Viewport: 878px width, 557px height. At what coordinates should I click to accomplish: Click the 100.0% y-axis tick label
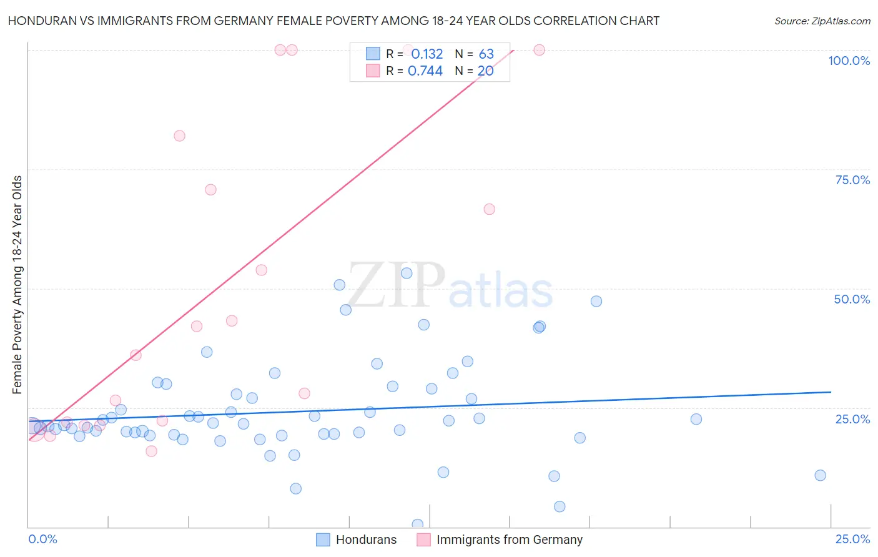coord(849,61)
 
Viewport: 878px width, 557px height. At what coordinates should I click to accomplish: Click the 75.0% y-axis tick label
coord(852,180)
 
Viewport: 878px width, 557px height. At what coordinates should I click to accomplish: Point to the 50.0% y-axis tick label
coord(852,299)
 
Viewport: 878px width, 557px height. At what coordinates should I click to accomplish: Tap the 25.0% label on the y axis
coord(852,419)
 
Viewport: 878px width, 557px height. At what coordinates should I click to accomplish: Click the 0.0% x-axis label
coord(42,539)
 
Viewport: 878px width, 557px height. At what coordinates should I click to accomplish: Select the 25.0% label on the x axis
coord(852,539)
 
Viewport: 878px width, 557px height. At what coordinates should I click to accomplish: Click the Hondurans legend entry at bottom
coord(366,540)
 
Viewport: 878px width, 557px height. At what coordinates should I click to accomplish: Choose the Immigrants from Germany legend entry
coord(509,540)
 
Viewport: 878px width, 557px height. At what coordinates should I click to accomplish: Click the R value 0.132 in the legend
coord(427,54)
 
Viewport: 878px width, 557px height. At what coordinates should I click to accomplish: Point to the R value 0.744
coord(425,71)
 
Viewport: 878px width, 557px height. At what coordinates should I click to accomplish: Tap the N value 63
coord(486,54)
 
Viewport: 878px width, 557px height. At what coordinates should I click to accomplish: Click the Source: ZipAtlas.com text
coord(822,21)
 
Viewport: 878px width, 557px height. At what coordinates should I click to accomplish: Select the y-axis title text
coord(17,285)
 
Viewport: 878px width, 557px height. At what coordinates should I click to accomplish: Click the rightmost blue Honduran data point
coord(820,475)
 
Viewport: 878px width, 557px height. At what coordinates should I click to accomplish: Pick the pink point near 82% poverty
coord(179,136)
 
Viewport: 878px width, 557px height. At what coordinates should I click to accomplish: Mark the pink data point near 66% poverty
coord(489,209)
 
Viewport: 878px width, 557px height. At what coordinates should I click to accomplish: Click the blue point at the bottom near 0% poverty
coord(418,525)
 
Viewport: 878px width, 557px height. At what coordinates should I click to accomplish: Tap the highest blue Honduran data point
coord(407,273)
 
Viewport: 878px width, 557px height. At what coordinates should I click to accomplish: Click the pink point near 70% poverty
coord(210,190)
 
